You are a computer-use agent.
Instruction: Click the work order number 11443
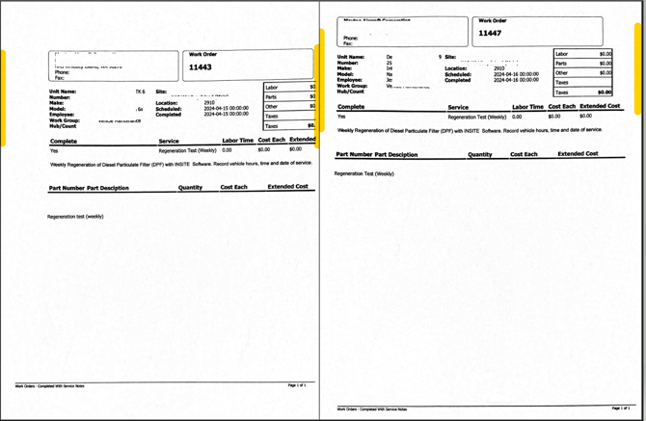click(x=201, y=67)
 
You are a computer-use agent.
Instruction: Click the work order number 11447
click(x=491, y=33)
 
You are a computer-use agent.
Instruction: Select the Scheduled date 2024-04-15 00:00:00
click(x=227, y=108)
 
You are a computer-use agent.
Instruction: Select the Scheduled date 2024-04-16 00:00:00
click(x=516, y=74)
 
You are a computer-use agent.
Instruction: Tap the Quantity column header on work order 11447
click(x=479, y=154)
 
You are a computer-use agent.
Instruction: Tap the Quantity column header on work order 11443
click(x=191, y=187)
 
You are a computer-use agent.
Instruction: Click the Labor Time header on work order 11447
click(x=527, y=107)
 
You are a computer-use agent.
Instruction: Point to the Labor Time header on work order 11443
click(x=238, y=141)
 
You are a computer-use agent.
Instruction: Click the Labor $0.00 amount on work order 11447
click(x=605, y=54)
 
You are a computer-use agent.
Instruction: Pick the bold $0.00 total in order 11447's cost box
click(x=605, y=92)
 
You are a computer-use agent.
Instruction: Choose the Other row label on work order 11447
click(x=562, y=73)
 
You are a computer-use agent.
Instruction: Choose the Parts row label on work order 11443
click(x=272, y=97)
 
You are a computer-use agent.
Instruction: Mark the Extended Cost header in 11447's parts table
click(x=578, y=154)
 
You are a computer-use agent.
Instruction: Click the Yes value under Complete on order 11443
click(x=54, y=150)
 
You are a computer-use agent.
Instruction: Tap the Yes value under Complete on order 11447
click(x=341, y=117)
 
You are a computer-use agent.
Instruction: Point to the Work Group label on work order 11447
click(x=353, y=86)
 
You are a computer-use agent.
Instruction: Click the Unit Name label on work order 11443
click(x=63, y=92)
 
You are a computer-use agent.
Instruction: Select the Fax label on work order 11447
click(x=348, y=43)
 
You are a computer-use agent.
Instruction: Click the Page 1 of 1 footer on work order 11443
click(x=296, y=384)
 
